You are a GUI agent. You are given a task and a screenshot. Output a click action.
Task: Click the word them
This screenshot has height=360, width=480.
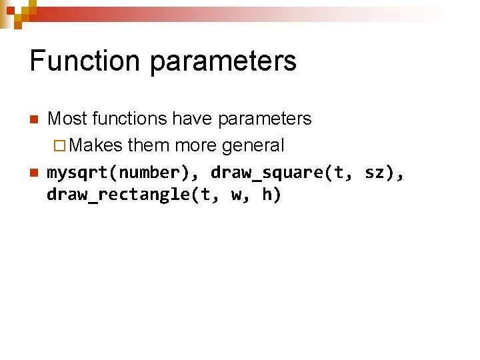[x=149, y=145]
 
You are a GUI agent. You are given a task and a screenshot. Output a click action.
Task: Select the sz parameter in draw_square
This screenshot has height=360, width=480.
[x=373, y=173]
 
